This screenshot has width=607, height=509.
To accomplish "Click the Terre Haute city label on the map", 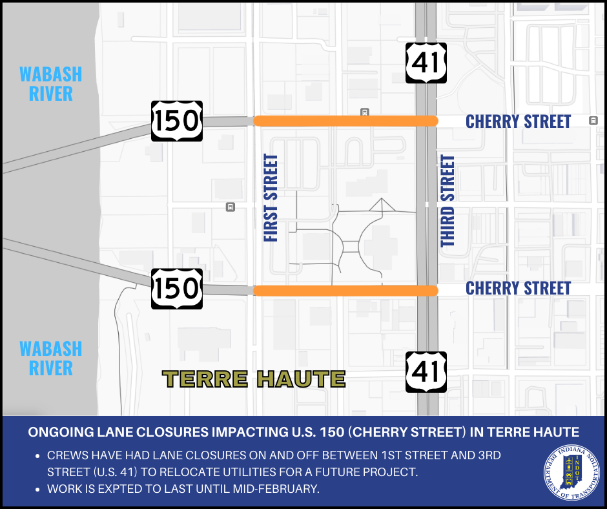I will (254, 379).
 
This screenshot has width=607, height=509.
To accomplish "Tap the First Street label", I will (271, 198).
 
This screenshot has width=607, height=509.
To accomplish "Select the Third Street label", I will (448, 201).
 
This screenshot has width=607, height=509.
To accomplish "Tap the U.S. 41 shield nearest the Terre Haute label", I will (426, 372).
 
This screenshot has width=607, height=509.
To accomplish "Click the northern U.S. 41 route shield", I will (426, 63).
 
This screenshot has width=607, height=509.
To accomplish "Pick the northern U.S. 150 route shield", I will (177, 121).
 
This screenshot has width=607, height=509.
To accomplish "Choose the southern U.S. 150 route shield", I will (177, 289).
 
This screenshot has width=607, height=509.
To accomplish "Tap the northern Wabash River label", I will (51, 83).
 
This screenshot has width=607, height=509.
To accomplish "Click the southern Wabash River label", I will (51, 358).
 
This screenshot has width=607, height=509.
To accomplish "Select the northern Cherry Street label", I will (519, 121).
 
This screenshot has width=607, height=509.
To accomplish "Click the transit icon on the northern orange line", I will (364, 112).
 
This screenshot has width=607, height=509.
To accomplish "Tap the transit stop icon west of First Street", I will (231, 207).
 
